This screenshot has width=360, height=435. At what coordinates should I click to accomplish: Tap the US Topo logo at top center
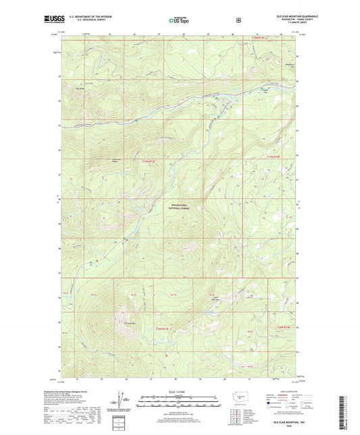[180, 20]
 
